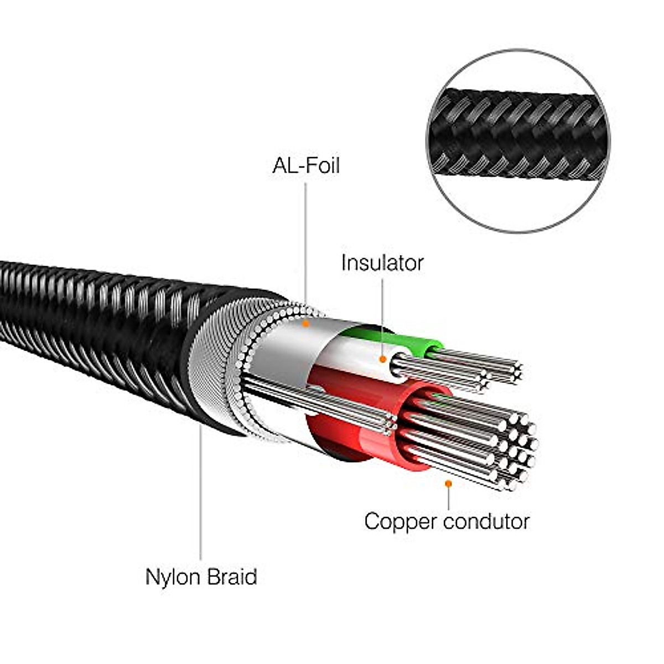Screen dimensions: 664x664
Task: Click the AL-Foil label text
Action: [x=305, y=165]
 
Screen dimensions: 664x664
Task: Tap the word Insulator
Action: [x=382, y=263]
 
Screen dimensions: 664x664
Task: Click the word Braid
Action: [x=232, y=577]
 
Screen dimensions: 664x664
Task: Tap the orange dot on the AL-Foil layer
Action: [x=305, y=323]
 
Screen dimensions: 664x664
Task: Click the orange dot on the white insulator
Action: [x=382, y=359]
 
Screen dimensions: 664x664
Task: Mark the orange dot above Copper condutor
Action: [x=448, y=483]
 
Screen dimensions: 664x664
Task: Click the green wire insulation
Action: [x=421, y=343]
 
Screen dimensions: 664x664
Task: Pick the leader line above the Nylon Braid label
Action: [x=200, y=498]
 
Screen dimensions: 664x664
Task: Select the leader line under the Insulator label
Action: [x=382, y=315]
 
